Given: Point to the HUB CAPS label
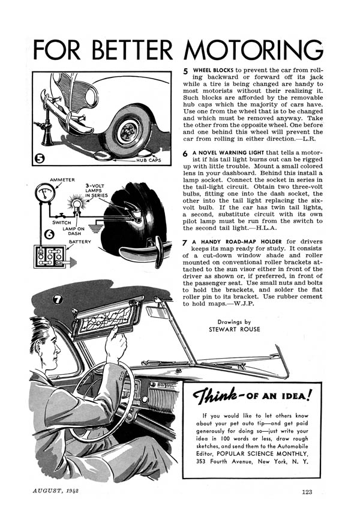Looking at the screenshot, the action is [x=149, y=160].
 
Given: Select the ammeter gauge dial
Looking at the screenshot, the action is [x=45, y=193].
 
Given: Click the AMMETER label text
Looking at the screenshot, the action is [x=62, y=180].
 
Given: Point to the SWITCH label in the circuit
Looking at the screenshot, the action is [x=62, y=223].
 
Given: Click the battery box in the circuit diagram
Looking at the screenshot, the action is [x=50, y=257].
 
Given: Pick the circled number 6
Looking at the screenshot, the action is [x=49, y=234].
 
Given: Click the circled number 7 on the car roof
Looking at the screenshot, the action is [x=58, y=299].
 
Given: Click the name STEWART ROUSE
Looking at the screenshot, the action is [x=234, y=329].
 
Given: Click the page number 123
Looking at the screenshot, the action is [x=307, y=492].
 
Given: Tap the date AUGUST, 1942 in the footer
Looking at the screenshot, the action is [x=55, y=491].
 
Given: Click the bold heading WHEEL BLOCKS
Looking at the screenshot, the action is [x=213, y=70].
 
